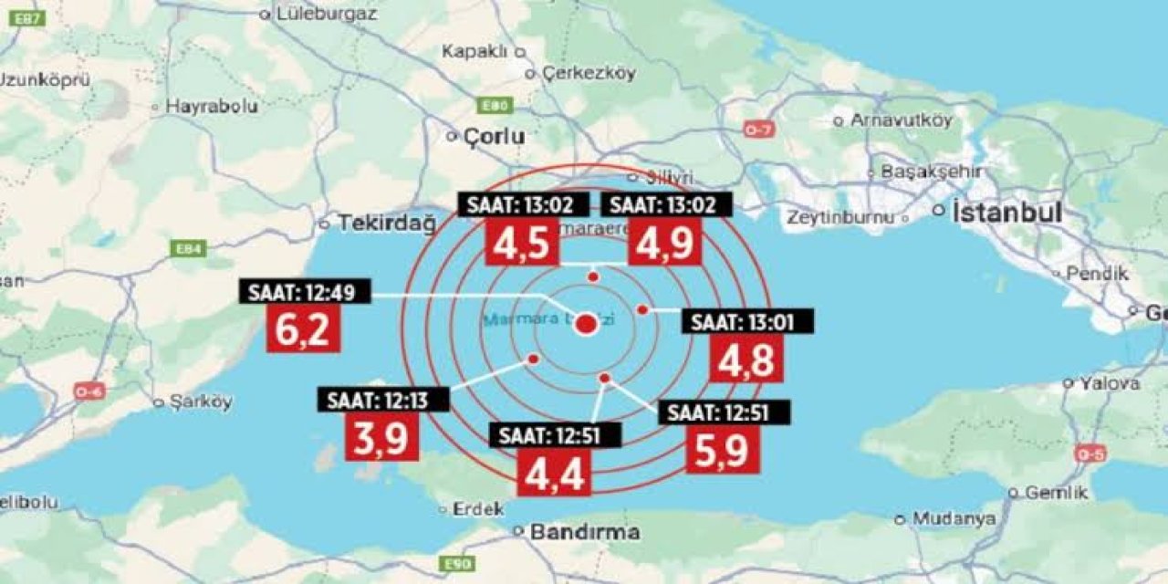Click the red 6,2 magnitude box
303,328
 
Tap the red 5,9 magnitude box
724,450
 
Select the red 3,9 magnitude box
381,437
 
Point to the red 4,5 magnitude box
521,242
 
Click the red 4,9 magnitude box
665,242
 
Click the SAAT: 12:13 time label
384,400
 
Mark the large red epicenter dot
588,324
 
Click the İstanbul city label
1006,214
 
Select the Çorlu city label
495,137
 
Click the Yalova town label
1110,383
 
